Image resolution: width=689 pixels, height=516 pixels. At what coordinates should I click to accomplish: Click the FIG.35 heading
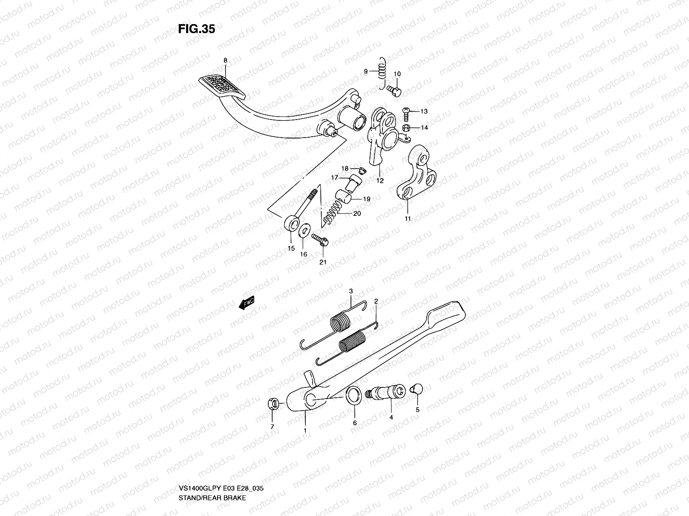point(196,29)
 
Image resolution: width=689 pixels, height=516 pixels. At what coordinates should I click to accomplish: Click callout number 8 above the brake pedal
point(225,60)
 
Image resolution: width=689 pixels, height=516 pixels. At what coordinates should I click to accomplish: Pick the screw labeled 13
point(408,111)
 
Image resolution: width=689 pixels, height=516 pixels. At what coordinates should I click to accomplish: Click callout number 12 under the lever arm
point(380,181)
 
